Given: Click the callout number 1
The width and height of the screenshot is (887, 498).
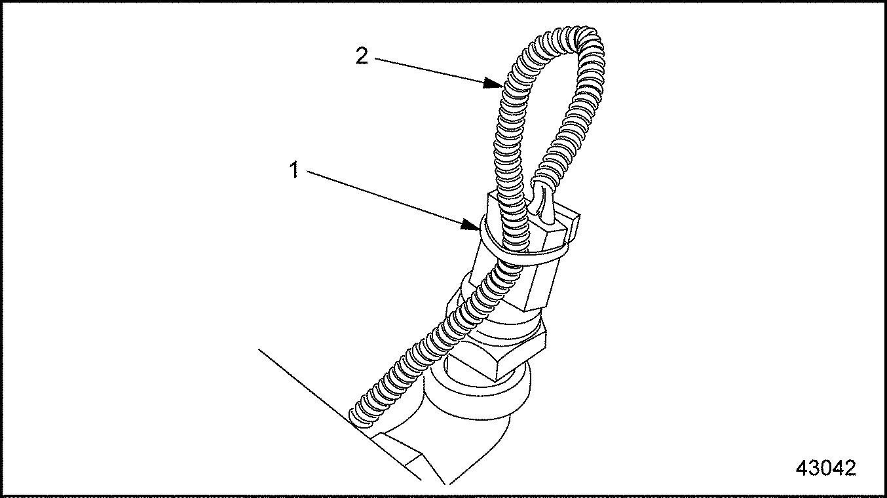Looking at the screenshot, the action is click(x=294, y=170).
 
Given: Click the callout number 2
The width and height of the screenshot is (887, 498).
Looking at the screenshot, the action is click(x=362, y=56).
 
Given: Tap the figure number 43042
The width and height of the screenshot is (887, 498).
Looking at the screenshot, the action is click(x=825, y=468).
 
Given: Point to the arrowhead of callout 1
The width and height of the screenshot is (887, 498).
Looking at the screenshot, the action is click(x=471, y=225).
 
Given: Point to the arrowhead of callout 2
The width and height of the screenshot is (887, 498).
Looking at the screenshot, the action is click(x=493, y=83).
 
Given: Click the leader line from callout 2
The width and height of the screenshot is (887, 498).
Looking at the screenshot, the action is click(x=439, y=71).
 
